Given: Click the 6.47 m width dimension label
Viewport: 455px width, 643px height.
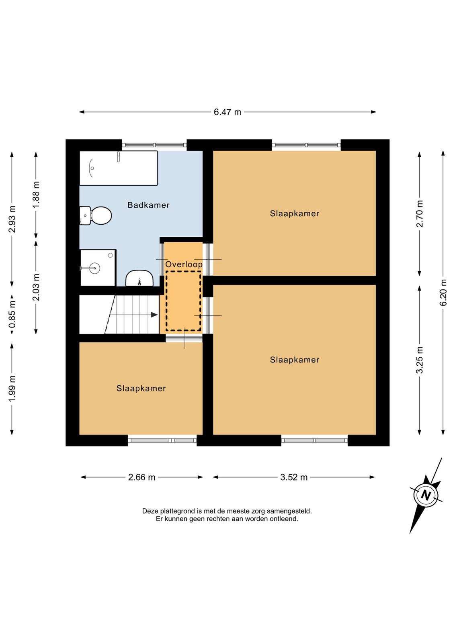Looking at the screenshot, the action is (x=227, y=112).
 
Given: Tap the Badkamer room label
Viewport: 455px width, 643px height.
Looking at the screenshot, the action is (x=148, y=205).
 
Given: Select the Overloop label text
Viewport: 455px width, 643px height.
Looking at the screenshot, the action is (x=184, y=264).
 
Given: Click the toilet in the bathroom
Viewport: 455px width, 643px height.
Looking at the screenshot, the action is (x=96, y=215).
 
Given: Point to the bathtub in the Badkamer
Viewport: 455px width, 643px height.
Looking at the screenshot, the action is (x=118, y=168).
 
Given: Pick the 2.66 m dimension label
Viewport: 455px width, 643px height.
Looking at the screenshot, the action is (x=141, y=477).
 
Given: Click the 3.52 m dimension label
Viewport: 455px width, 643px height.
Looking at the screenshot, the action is (x=294, y=477).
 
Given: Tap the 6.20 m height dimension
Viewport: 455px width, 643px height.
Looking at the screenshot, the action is (x=443, y=293).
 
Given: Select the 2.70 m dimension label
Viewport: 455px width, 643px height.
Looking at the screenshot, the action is (x=420, y=213).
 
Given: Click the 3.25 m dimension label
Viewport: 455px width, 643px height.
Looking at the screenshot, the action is (x=420, y=360).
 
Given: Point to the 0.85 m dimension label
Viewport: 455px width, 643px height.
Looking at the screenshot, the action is (x=12, y=315).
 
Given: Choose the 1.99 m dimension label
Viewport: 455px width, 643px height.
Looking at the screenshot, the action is (x=12, y=389).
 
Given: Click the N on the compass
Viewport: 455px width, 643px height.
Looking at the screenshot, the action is (x=426, y=496).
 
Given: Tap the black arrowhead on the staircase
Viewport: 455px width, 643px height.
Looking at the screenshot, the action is (x=154, y=315).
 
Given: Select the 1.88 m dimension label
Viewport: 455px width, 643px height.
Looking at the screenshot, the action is (x=36, y=195).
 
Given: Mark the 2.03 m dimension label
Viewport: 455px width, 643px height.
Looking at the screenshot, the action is (x=36, y=287).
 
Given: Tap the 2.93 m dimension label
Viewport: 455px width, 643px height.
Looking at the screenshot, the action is (x=12, y=219).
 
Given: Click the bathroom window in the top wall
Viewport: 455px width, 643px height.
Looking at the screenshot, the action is (x=154, y=145).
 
